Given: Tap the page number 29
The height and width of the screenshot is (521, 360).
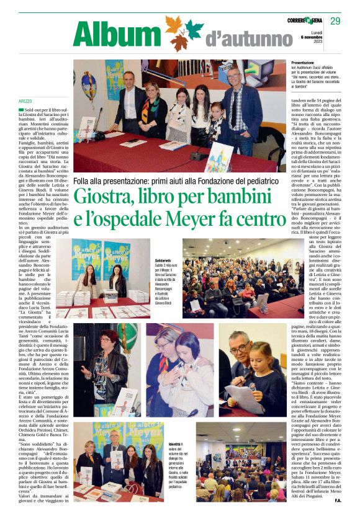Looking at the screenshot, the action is click(x=336, y=21).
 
